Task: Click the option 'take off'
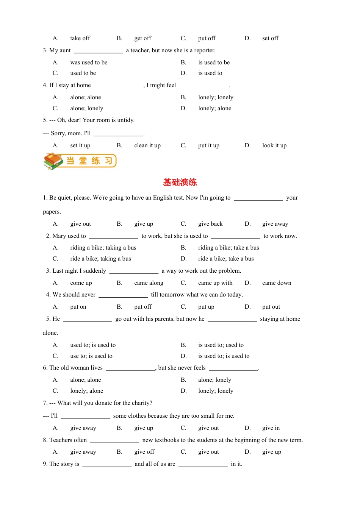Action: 80,38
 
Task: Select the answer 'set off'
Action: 270,38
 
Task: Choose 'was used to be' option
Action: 89,62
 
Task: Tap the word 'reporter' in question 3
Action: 205,50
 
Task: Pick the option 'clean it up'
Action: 147,145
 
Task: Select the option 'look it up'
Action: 274,145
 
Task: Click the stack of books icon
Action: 53,161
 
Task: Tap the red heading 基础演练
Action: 180,183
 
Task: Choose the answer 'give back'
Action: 210,224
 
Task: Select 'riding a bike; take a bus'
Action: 229,248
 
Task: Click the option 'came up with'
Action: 215,283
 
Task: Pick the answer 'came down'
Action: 277,283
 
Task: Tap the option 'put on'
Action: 78,307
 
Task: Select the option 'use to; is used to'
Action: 91,356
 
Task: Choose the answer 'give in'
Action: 271,428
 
